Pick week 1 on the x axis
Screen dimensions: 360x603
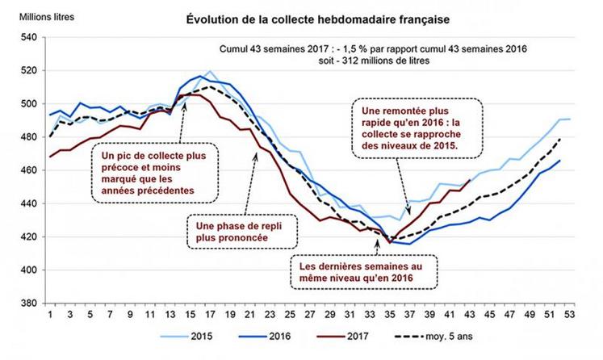point(50,316)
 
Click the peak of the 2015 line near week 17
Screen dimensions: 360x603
point(210,71)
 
